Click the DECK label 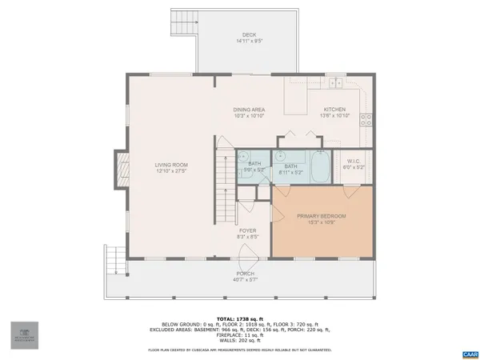coord(249,35)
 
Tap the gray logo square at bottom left coord(24,334)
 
